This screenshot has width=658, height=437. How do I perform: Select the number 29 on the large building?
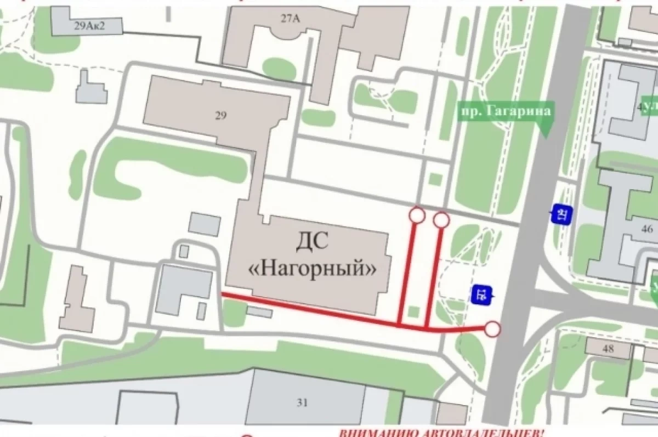221,115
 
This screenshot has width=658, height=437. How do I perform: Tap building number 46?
647,229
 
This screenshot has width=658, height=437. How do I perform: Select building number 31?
302,402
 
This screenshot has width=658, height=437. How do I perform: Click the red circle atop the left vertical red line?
417,215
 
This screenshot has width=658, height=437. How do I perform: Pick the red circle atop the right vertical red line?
441,220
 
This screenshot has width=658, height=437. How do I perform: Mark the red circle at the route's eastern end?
493,328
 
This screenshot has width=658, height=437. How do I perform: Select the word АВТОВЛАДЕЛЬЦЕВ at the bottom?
477,433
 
